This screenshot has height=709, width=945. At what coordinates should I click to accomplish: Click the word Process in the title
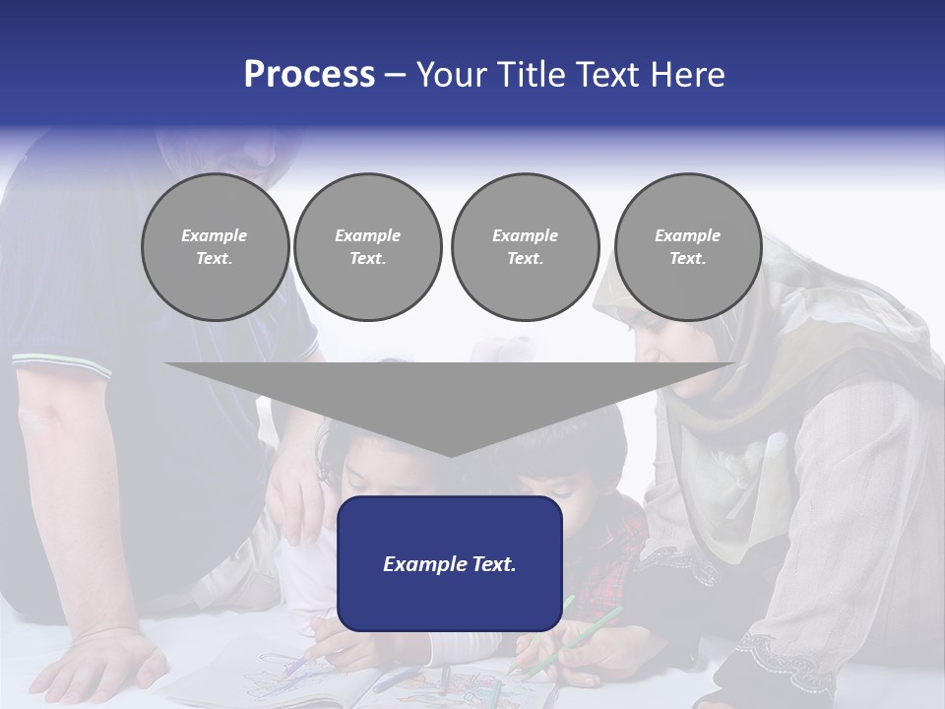309,75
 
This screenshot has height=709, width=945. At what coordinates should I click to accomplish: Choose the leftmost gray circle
215,247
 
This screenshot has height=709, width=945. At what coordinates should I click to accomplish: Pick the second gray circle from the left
368,247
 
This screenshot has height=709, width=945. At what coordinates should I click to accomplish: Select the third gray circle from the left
525,247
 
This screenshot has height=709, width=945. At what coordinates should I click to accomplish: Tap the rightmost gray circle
688,247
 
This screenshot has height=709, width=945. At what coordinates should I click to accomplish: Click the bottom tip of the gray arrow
450,455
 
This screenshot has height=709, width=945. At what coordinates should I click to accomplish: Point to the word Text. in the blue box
494,564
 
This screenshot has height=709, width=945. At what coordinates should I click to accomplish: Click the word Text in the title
610,75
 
